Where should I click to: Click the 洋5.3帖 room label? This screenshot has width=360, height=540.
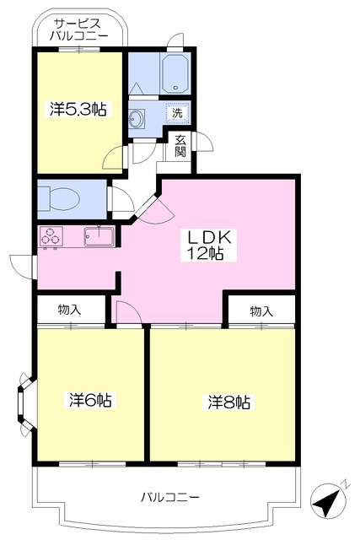click(x=78, y=109)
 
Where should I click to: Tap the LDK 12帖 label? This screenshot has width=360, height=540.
click(x=208, y=245)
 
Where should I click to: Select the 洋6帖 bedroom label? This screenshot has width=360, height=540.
click(x=90, y=400)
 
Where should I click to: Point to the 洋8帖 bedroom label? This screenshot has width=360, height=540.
click(x=228, y=402)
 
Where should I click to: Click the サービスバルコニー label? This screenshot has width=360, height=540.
click(x=78, y=30)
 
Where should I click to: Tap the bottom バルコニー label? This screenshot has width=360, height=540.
click(x=170, y=497)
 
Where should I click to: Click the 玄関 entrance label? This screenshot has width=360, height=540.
click(x=180, y=146)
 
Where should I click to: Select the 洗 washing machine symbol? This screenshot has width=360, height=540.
click(x=178, y=112)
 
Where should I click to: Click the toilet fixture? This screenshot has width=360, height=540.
click(x=59, y=199)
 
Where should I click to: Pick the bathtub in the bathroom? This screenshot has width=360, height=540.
click(x=175, y=73)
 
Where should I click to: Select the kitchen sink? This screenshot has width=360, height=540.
click(x=99, y=236)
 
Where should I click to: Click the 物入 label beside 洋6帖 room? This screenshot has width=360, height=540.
click(x=70, y=310)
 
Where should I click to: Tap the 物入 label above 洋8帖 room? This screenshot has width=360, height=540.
click(x=261, y=311)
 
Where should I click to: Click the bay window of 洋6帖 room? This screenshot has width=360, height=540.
click(x=24, y=402)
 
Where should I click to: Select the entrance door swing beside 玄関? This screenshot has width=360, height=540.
click(x=204, y=142)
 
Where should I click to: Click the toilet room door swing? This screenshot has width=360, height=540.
click(x=121, y=199)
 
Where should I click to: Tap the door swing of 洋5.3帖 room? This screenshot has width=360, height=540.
click(x=114, y=157)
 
